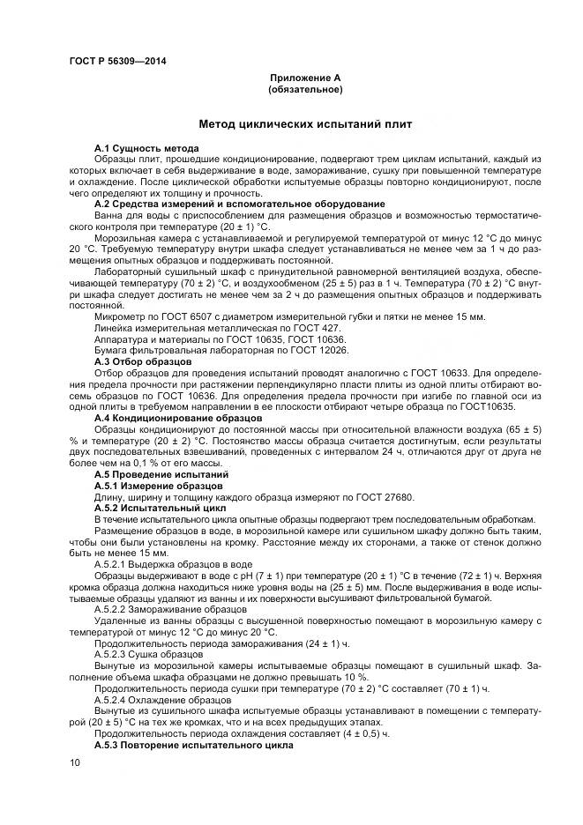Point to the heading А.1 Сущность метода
pos(146,147)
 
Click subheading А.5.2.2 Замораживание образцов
pos(171,609)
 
